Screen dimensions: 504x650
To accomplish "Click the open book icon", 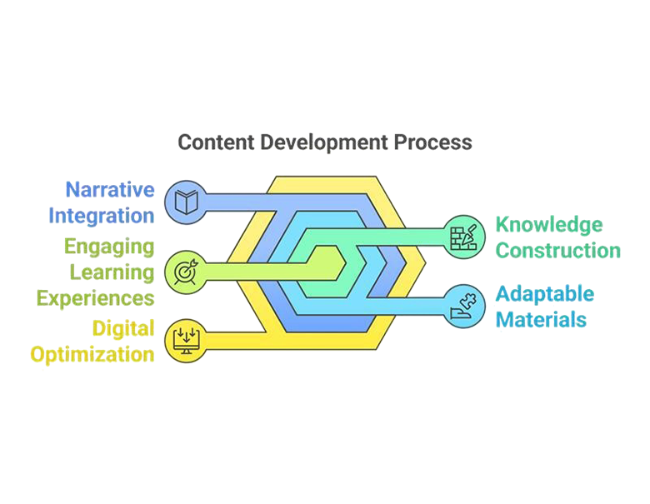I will pyautogui.click(x=183, y=202).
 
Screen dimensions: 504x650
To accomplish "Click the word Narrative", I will pyautogui.click(x=113, y=191).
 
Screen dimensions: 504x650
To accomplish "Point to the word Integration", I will pyautogui.click(x=105, y=217).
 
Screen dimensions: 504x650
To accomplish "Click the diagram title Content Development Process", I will pyautogui.click(x=324, y=142).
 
